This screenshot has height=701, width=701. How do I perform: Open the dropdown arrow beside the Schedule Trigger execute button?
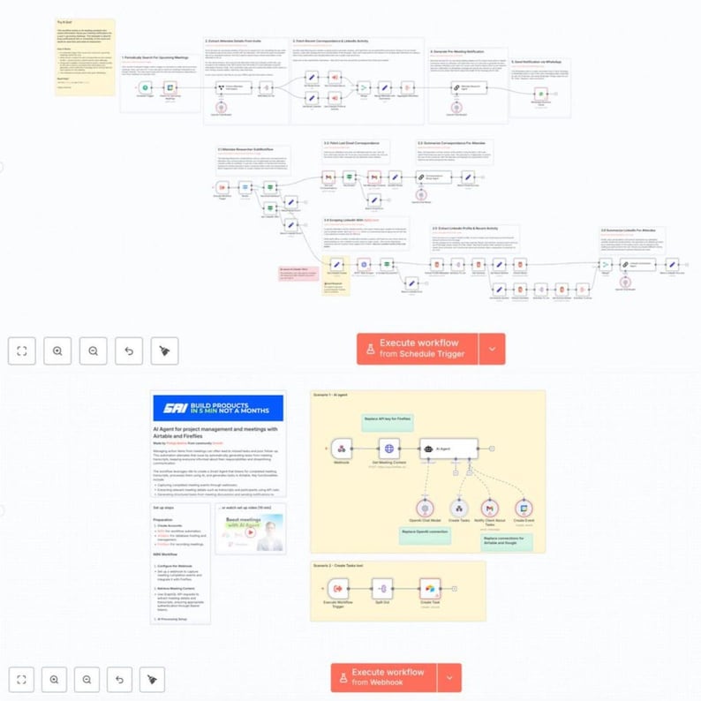pyautogui.click(x=492, y=349)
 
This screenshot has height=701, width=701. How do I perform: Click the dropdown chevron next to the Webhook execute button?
pyautogui.click(x=448, y=678)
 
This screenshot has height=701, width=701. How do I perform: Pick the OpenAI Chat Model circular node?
pyautogui.click(x=426, y=508)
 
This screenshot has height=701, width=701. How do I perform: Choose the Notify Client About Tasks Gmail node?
pyautogui.click(x=491, y=508)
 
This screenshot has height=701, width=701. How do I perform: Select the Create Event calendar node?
pyautogui.click(x=524, y=508)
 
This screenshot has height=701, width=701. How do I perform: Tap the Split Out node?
pyautogui.click(x=381, y=587)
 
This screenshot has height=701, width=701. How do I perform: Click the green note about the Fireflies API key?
pyautogui.click(x=386, y=420)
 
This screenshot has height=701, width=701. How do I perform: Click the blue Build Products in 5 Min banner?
pyautogui.click(x=218, y=407)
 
